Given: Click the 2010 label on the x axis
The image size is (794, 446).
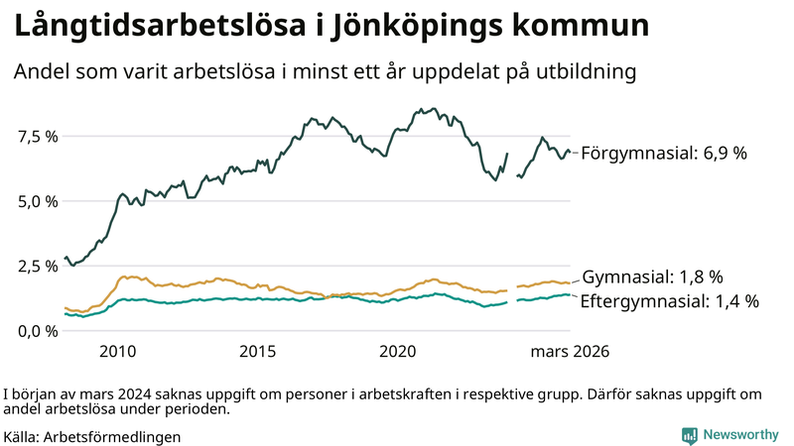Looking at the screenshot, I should [x=117, y=351].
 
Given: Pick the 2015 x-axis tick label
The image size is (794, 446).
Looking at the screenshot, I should [x=257, y=351].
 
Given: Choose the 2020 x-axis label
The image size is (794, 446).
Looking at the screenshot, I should [x=397, y=351].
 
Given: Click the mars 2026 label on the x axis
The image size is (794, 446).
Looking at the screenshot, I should [x=568, y=351].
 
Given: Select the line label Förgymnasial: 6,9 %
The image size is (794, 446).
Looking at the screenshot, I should [x=663, y=154].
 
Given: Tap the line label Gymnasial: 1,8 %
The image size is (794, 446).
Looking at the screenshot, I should [x=652, y=277].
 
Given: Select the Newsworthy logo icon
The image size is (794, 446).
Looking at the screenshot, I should [x=689, y=435].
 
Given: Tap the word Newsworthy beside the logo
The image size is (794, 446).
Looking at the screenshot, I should [x=739, y=435].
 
